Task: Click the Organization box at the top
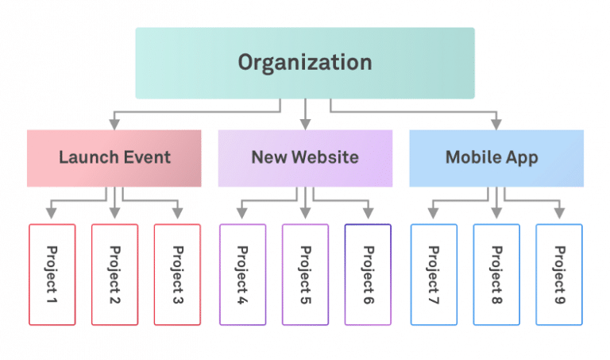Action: (x=305, y=63)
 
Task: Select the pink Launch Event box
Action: (x=114, y=157)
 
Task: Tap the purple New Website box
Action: (x=305, y=157)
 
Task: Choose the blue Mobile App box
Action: (x=496, y=157)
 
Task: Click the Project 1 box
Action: (x=52, y=274)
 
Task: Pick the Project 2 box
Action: (x=114, y=274)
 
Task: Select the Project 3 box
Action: (x=177, y=274)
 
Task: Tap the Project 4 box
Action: (x=242, y=274)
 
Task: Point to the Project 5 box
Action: (x=305, y=274)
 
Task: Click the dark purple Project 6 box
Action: (x=368, y=274)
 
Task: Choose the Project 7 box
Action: (x=434, y=274)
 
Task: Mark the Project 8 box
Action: (x=496, y=274)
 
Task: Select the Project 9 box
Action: (x=559, y=274)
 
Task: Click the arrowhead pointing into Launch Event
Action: (x=114, y=124)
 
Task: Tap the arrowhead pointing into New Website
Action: (x=305, y=124)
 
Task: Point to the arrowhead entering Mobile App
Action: (x=496, y=124)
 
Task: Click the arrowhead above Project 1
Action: (x=52, y=213)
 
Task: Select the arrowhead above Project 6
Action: (x=368, y=213)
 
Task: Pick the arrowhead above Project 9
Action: (x=559, y=213)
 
